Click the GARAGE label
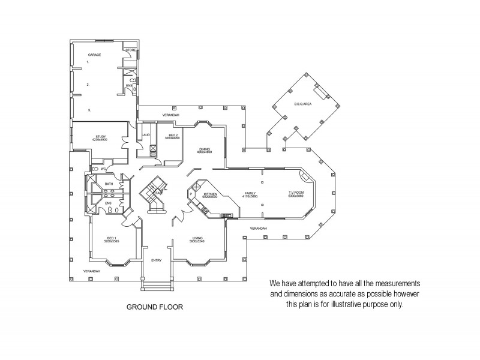94,55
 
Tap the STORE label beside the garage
130,50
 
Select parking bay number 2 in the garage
88,85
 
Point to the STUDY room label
100,136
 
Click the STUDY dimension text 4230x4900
100,139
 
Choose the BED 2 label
173,135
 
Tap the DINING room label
205,148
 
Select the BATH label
109,184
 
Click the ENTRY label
157,260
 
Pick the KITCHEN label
210,194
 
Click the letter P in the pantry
191,194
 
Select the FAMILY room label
250,194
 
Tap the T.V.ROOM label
296,194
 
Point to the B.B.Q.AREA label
302,104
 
